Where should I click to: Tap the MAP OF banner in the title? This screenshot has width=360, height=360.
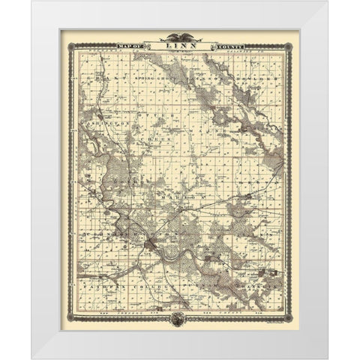(129, 46)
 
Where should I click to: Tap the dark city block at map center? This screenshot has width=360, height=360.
(154, 241)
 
